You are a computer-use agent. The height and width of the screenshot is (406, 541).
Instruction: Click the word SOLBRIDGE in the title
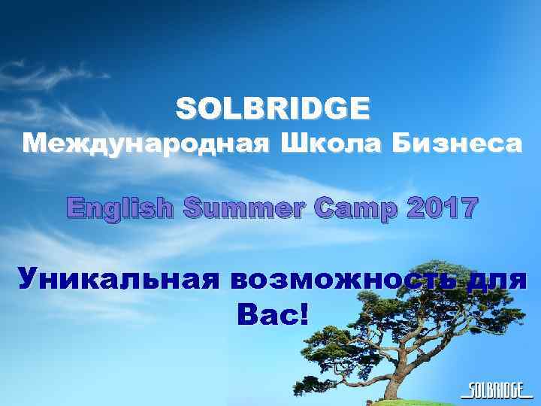tap(273, 109)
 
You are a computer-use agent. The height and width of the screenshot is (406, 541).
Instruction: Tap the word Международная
tap(144, 144)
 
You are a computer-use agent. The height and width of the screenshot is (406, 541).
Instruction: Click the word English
tap(119, 208)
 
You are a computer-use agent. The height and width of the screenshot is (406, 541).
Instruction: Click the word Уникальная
tap(119, 280)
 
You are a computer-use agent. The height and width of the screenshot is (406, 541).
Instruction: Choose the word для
tap(497, 280)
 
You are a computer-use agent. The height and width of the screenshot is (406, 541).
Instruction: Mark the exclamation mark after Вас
tap(303, 314)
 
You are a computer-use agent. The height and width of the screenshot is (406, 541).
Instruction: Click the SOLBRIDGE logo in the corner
tap(496, 389)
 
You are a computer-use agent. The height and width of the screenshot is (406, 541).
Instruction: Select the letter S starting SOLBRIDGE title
tap(185, 109)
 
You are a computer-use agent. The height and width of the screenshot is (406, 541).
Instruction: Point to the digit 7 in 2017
tap(467, 207)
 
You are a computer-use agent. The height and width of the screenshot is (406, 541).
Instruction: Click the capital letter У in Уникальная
tap(29, 280)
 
